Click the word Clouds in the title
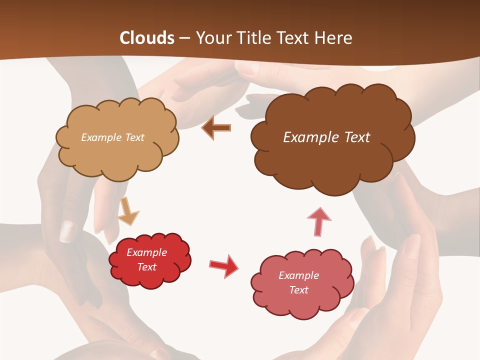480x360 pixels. point(147,38)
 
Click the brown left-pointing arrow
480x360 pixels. point(216,127)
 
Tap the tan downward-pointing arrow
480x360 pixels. point(128,211)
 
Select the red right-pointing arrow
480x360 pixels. point(224,265)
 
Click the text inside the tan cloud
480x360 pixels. point(112,137)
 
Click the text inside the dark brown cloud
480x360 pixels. point(326,137)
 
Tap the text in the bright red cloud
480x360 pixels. point(147,260)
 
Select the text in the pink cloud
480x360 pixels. point(299,283)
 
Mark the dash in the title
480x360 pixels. point(185,38)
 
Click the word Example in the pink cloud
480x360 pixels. point(299,275)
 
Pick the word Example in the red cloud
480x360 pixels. point(147,252)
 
